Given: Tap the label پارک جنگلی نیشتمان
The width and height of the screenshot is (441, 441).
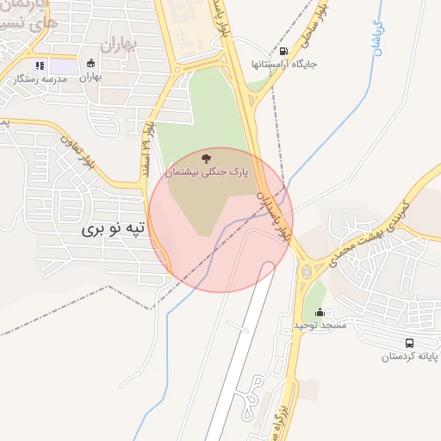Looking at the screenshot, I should (205, 172).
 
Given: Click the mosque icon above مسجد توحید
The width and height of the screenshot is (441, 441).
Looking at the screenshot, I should (320, 312).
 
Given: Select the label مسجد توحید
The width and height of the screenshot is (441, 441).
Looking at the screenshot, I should (320, 326).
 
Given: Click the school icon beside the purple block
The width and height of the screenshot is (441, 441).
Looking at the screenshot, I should (39, 65).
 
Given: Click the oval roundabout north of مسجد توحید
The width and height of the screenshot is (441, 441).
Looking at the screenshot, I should (305, 273).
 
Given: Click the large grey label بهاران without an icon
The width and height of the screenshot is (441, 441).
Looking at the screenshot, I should (118, 45).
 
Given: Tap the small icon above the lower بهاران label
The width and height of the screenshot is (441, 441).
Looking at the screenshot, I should (90, 64).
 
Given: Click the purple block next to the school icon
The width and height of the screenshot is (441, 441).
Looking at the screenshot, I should (62, 65).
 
